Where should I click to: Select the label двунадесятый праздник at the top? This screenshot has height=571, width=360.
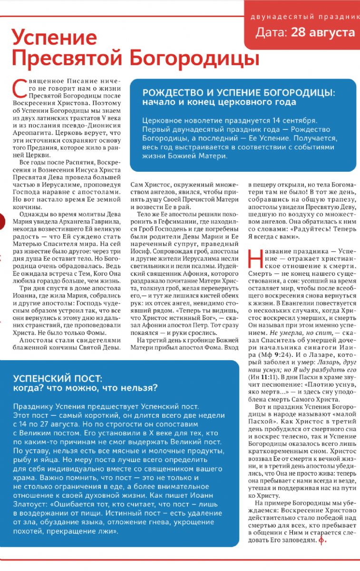coord(305,17)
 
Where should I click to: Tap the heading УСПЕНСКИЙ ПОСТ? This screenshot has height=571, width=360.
coord(58,379)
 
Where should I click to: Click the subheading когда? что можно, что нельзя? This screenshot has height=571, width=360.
coord(85,388)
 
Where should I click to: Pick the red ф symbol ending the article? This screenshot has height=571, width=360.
coord(322,540)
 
